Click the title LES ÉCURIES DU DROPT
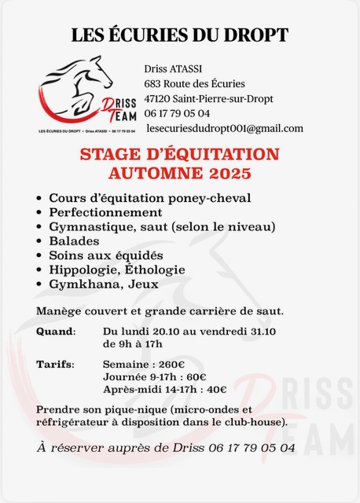(x=180, y=35)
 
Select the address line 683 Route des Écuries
(x=194, y=84)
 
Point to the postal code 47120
(x=160, y=98)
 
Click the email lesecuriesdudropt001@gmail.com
(x=224, y=128)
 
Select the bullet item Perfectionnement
(x=105, y=212)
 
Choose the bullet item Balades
(x=74, y=241)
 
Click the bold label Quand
(x=56, y=332)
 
